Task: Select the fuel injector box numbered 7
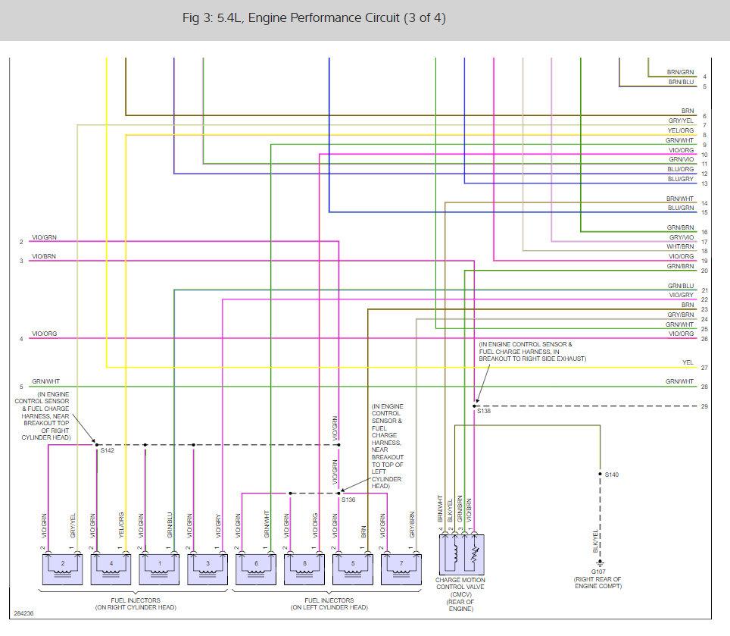(x=401, y=566)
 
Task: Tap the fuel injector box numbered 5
(x=352, y=566)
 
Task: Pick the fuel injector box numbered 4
(x=111, y=566)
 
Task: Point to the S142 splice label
(x=108, y=450)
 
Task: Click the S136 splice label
(x=348, y=500)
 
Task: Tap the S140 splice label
(x=612, y=475)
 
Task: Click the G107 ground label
(x=599, y=572)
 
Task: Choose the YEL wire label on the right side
(x=688, y=362)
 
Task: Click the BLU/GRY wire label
(x=680, y=179)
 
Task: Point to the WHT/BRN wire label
(x=680, y=246)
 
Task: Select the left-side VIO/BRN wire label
(x=44, y=257)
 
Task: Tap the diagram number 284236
(x=24, y=613)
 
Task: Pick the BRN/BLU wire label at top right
(x=680, y=82)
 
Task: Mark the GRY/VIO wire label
(x=680, y=237)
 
